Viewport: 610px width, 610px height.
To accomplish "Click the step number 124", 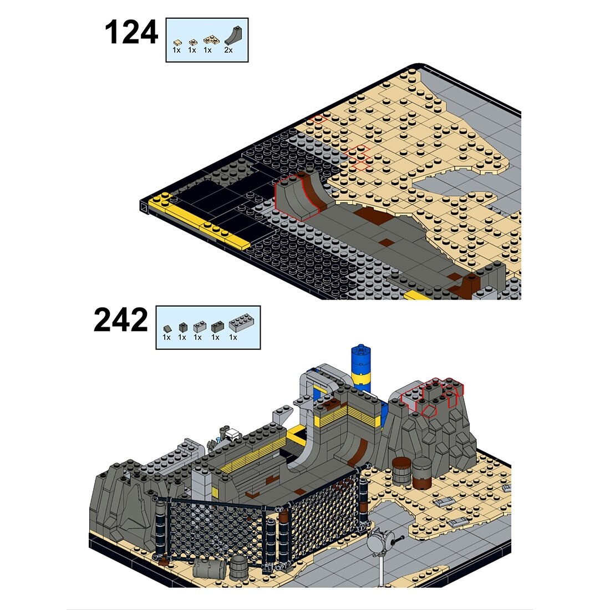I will pos(131,33).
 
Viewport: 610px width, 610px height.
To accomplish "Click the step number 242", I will pos(121,321).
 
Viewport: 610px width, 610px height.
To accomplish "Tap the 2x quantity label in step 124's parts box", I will pos(228,50).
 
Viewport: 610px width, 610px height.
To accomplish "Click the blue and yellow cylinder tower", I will pos(361,367).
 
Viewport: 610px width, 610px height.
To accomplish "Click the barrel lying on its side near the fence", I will pos(210,568).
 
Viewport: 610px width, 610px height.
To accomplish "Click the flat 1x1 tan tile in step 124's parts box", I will pos(177,42).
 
